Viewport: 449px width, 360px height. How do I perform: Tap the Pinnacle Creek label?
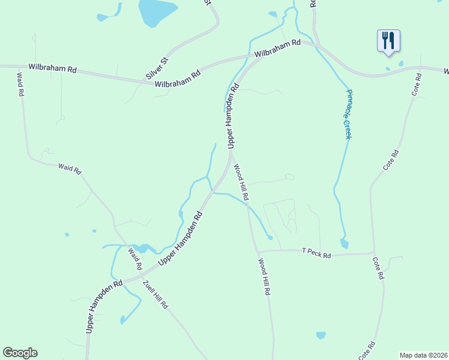click(347, 114)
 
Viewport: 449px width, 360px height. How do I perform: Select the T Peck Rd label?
click(316, 253)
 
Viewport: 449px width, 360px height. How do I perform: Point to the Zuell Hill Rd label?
click(155, 294)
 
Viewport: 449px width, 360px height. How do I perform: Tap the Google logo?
click(20, 353)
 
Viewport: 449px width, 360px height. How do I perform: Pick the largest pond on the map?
click(158, 12)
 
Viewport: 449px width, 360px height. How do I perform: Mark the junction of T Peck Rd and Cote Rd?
click(374, 253)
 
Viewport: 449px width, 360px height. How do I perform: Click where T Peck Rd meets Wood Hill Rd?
click(257, 252)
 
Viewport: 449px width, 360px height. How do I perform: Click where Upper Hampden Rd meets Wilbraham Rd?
click(250, 58)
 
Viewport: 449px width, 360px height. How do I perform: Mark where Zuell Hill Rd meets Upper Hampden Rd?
click(141, 278)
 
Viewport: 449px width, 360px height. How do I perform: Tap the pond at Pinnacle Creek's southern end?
click(344, 243)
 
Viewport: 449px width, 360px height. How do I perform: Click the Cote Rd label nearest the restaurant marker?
click(417, 84)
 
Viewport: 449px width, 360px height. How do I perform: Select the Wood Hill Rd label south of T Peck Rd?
click(265, 277)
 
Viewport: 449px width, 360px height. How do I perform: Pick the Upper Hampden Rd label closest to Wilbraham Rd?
click(232, 116)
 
